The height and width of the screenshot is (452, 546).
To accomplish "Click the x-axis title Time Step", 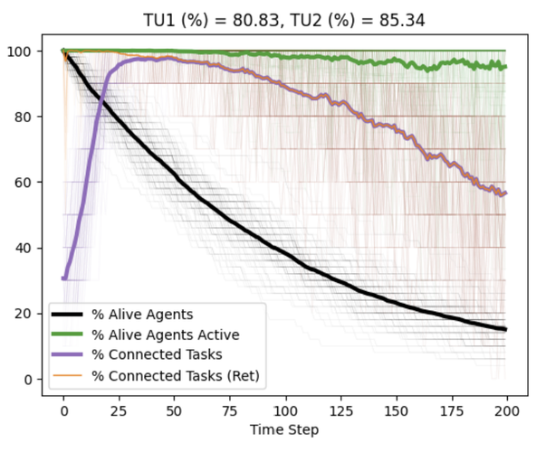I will pos(284,428).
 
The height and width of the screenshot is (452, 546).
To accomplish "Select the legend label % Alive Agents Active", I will pos(176,333).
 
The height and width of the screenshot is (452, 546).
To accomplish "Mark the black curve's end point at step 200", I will pos(506,329).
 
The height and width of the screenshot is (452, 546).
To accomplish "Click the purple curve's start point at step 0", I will pos(63,278).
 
